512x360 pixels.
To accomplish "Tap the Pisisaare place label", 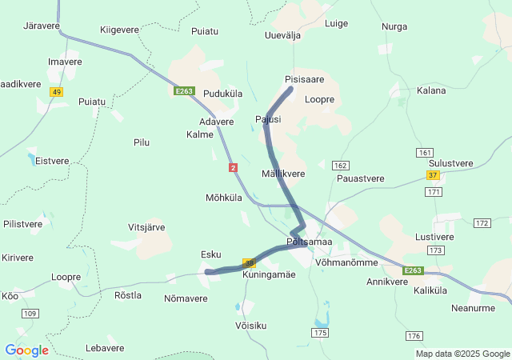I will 304,80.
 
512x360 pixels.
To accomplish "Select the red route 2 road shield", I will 233,167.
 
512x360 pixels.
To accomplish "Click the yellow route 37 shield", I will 433,175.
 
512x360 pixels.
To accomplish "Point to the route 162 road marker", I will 342,165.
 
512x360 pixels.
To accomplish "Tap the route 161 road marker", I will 425,152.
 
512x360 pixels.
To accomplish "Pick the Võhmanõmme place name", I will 346,262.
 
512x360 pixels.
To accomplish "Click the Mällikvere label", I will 283,174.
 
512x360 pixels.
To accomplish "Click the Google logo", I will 26,350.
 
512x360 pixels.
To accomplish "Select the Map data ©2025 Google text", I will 462,354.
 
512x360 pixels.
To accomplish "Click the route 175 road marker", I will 320,332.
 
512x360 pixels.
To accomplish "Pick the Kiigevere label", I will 119,30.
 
